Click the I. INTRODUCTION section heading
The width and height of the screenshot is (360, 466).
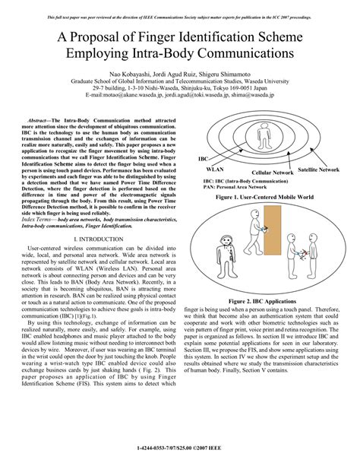coord(103,239)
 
